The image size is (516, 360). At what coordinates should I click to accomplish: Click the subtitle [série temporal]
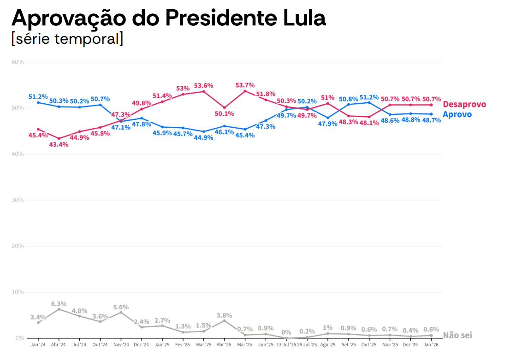tap(67, 39)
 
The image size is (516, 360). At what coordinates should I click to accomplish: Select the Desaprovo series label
tap(464, 105)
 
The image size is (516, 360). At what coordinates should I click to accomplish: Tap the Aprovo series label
tap(457, 114)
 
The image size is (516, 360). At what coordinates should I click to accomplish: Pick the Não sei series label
tap(457, 335)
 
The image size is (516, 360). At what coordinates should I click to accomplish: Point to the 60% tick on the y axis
tap(18, 62)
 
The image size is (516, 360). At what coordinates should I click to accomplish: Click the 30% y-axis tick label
tap(18, 200)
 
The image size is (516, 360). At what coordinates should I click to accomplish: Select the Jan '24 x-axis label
tap(38, 344)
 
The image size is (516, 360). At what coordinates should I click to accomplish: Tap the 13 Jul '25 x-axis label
tap(286, 344)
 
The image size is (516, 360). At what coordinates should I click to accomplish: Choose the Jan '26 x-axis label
tap(431, 344)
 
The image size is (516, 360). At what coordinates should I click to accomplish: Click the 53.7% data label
tap(245, 85)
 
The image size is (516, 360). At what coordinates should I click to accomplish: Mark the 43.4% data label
tap(59, 144)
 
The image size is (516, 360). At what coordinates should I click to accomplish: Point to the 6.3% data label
tap(59, 304)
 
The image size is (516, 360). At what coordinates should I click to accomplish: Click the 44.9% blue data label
tap(204, 137)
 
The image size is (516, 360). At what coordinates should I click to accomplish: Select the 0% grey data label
tap(286, 332)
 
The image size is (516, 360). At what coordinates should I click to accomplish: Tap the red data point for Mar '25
tap(204, 91)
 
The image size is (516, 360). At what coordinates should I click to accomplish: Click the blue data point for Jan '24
tap(38, 102)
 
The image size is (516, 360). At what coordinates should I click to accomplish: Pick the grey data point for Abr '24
tap(59, 309)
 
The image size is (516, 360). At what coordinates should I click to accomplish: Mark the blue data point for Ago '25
tap(328, 118)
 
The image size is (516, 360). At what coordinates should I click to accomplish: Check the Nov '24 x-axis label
tap(121, 344)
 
